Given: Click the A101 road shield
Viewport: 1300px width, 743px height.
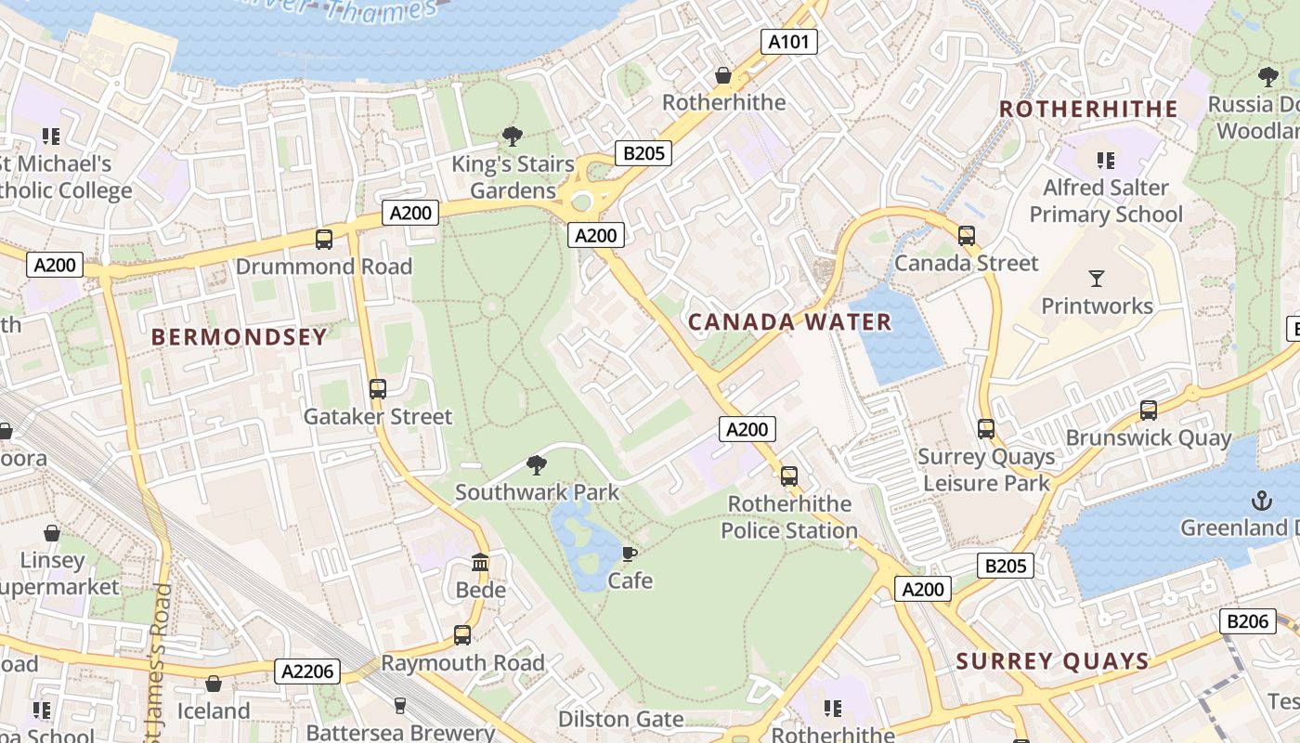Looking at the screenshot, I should coord(789,41).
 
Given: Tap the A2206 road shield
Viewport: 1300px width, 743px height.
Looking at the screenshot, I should coord(307,671).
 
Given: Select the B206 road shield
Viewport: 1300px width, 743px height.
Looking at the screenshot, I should coord(1247,621).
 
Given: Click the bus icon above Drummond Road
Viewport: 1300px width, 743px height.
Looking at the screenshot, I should coord(323,240).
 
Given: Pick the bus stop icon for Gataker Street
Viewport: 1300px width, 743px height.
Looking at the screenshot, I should coord(377,389).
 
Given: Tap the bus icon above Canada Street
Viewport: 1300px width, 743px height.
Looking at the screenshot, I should coord(967,236).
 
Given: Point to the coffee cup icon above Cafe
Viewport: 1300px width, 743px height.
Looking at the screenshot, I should coord(630,554).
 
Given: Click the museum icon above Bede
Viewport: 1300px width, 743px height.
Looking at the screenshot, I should coord(480,563).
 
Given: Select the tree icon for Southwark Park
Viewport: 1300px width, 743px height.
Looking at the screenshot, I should coord(536,464).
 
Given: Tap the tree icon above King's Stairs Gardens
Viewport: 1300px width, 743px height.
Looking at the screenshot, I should coord(512,137).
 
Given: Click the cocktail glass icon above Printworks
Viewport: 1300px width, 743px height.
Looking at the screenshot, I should coord(1097,278).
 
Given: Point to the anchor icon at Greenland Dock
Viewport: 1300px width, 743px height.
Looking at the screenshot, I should coord(1261,501).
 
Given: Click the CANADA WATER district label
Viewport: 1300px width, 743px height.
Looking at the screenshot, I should coord(789,322).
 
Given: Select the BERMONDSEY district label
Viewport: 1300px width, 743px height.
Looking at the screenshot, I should coord(240,337).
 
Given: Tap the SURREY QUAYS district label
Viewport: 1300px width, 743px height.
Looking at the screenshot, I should coord(1052,661).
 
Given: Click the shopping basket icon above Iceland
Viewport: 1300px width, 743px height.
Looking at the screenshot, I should coord(214,684).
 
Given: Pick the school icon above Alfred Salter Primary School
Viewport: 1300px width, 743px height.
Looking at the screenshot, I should coord(1105,160).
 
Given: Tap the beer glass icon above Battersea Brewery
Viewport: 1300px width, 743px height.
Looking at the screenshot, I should coord(400,706).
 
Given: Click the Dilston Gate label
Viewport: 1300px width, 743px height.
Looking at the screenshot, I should coord(620,719).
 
